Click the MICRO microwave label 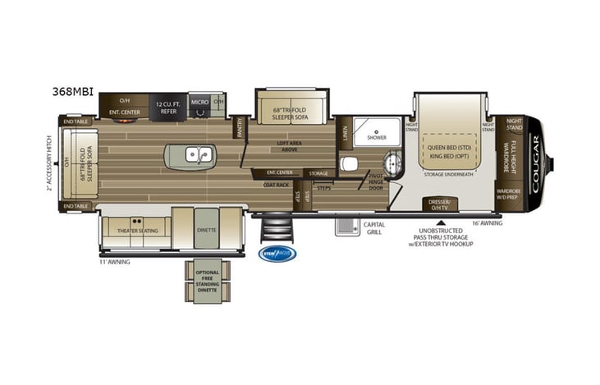click(x=199, y=102)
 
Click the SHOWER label click(x=377, y=137)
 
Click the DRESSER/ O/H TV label click(x=440, y=204)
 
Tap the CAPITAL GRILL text click(x=374, y=228)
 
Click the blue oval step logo click(x=277, y=254)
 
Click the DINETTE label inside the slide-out click(x=207, y=230)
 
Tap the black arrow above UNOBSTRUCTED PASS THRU click(x=441, y=222)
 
